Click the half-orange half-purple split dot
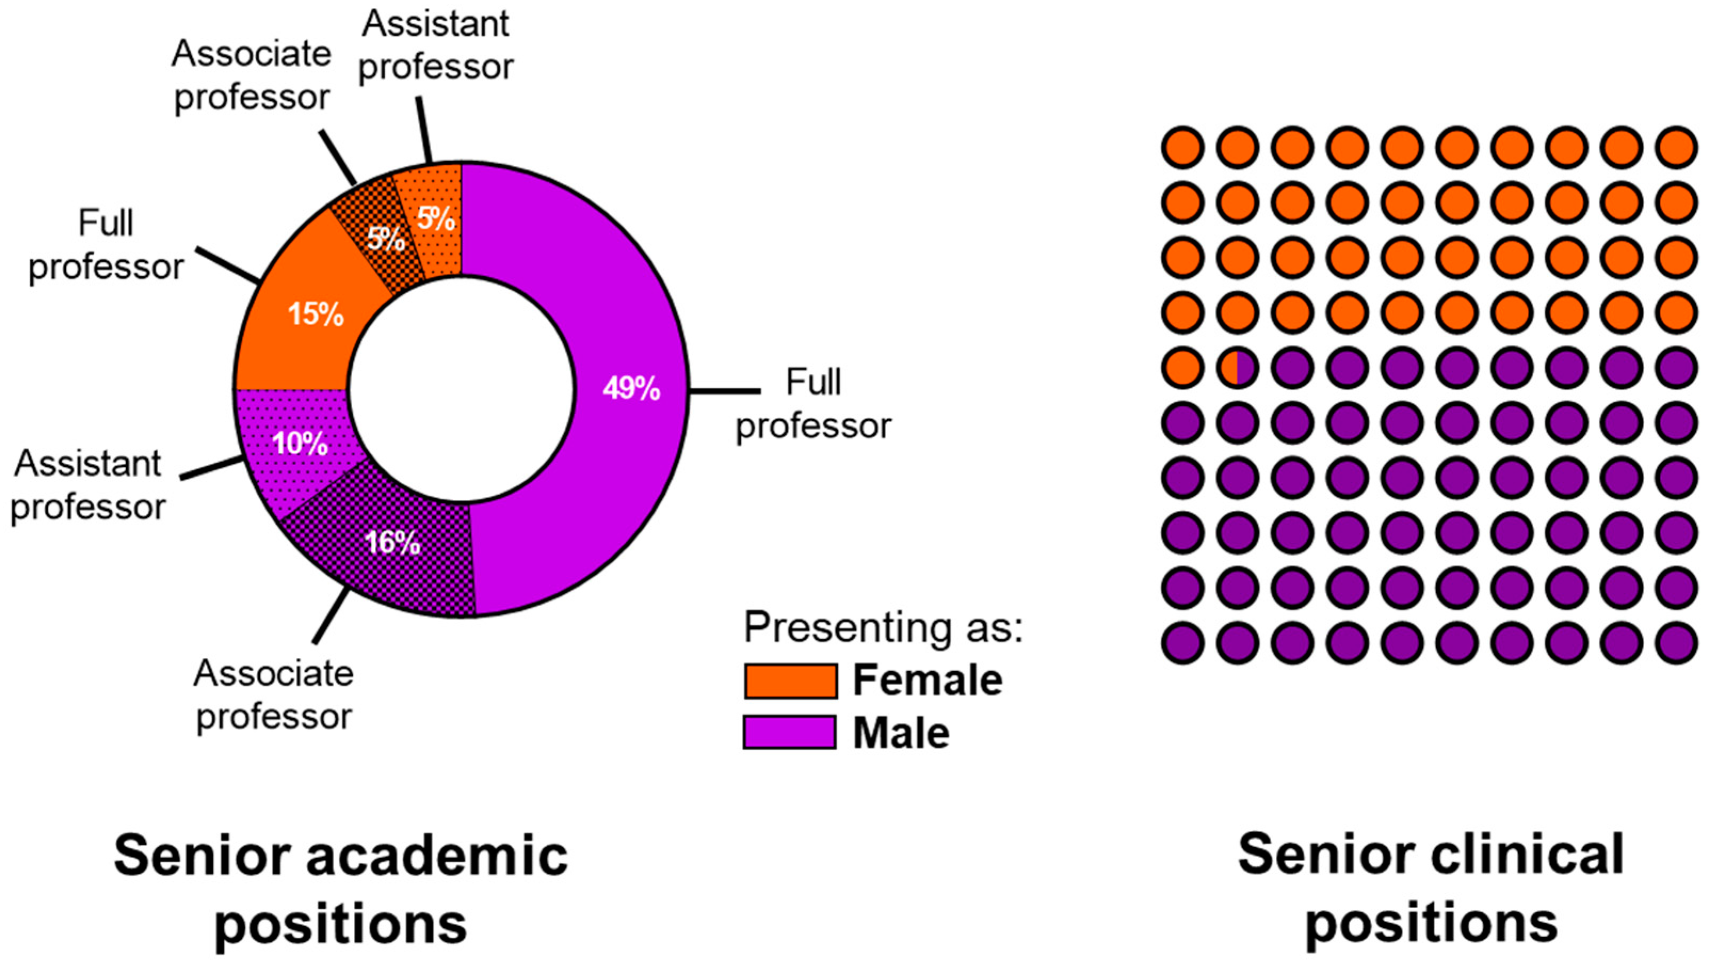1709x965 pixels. point(1238,367)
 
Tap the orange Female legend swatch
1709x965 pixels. point(789,681)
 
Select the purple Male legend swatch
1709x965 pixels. point(789,733)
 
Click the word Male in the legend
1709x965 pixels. point(901,734)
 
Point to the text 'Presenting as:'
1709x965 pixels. point(882,626)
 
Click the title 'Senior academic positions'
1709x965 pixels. point(341,889)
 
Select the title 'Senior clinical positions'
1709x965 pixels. point(1430,889)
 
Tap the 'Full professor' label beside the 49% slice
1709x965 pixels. point(813,404)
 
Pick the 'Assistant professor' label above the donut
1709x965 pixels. point(436,45)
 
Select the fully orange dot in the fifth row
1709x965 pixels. point(1184,367)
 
